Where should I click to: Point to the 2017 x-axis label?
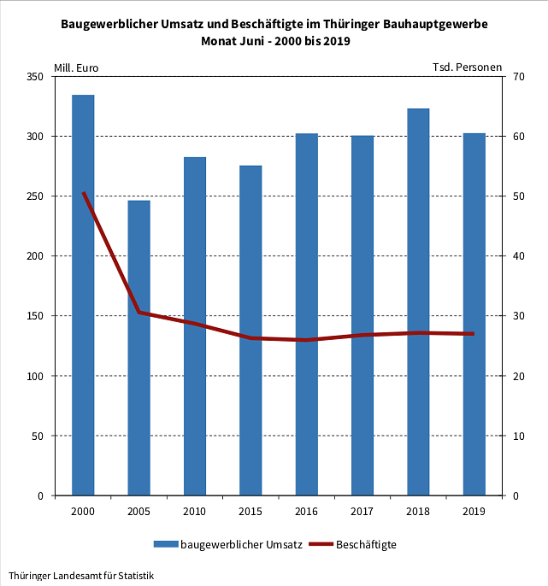pos(362,511)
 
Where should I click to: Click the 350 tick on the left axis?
pos(35,77)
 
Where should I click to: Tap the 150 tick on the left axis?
pos(35,316)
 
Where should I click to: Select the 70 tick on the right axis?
pos(518,77)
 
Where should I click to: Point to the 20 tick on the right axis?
pos(518,376)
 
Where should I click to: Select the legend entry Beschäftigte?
pos(366,544)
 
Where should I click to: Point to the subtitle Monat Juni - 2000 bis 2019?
pos(274,41)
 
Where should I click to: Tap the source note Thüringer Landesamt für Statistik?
pos(81,576)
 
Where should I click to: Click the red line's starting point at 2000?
pos(83,194)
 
